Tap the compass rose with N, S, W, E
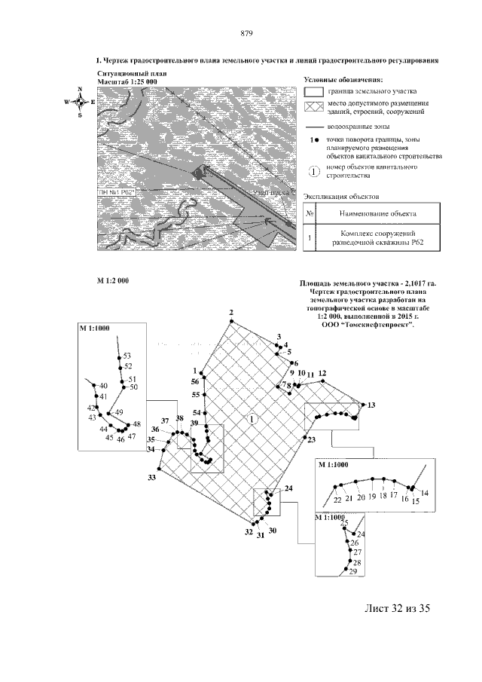(79, 102)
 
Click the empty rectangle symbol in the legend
(313, 91)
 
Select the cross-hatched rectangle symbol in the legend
(313, 106)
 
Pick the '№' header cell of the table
(310, 214)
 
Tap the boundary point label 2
(232, 313)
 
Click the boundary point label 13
(371, 405)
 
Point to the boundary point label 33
(151, 478)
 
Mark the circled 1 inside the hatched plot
(253, 418)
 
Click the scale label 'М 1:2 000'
(114, 280)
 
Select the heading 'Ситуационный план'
(122, 73)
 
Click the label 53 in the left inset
(127, 355)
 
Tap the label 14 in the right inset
(425, 493)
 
